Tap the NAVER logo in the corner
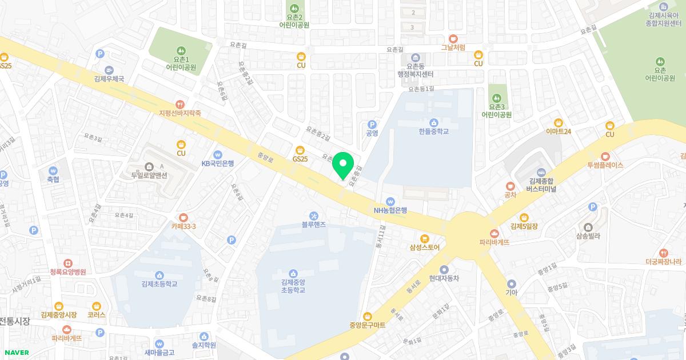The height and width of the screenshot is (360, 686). (x=15, y=353)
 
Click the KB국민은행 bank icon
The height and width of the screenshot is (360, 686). (x=217, y=154)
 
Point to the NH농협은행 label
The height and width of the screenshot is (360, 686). (x=390, y=210)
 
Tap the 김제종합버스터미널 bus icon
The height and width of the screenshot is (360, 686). (x=541, y=172)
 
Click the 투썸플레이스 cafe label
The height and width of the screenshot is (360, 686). (x=604, y=165)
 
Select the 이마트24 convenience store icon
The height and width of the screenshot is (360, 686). (x=559, y=122)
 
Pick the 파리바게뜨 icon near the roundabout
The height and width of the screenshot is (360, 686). (x=494, y=233)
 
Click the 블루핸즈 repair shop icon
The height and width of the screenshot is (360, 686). (x=313, y=215)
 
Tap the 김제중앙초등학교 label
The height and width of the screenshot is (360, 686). (x=293, y=286)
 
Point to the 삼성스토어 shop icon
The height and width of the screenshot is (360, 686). (x=424, y=238)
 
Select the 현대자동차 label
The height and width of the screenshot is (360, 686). (x=444, y=278)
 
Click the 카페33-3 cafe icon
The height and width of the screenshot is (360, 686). (x=183, y=217)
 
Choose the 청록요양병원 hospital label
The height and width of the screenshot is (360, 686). (x=67, y=272)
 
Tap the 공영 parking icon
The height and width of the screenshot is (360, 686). (x=372, y=124)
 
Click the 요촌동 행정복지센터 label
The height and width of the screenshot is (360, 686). (x=416, y=70)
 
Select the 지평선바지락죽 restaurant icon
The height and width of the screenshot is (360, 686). (x=181, y=104)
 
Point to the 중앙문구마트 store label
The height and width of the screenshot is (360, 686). (x=368, y=325)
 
